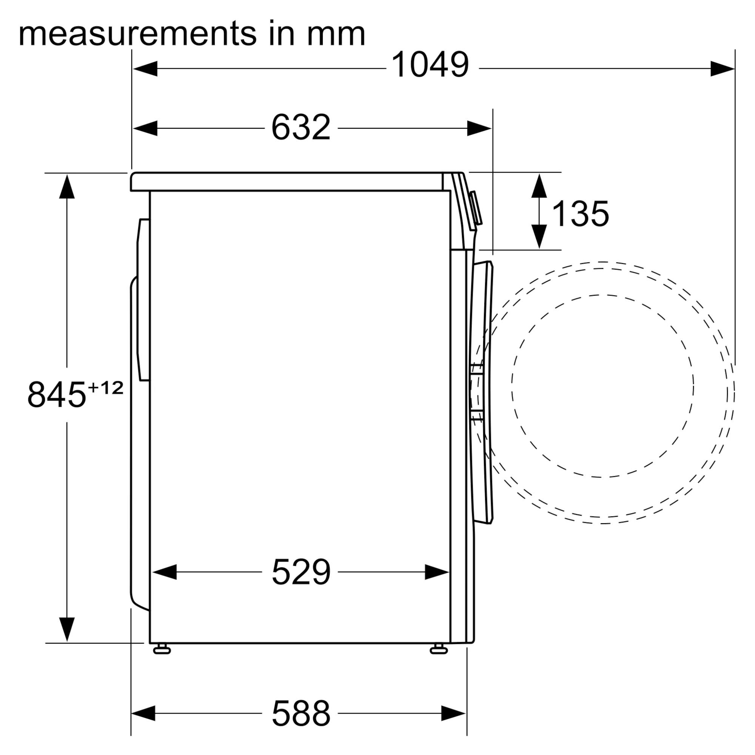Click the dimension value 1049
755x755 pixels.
430,65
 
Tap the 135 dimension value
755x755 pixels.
580,213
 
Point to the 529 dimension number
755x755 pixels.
301,572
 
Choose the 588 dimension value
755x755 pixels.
301,713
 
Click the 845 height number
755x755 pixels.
57,395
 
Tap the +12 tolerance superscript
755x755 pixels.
106,388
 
